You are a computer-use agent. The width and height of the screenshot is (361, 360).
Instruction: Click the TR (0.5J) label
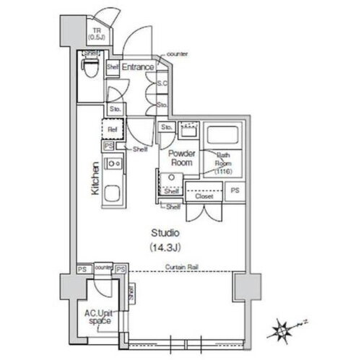pos(97,32)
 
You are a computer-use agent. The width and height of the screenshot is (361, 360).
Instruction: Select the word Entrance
pos(137,67)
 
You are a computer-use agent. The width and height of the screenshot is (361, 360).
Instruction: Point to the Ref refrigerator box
pos(113,130)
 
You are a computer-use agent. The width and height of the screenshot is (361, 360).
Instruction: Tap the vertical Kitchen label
pos(94,179)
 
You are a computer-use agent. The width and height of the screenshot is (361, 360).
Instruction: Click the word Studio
pos(165,234)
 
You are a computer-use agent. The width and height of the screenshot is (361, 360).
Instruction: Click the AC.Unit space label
pos(98,318)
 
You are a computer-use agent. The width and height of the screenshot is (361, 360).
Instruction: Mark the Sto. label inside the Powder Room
pos(166,128)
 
